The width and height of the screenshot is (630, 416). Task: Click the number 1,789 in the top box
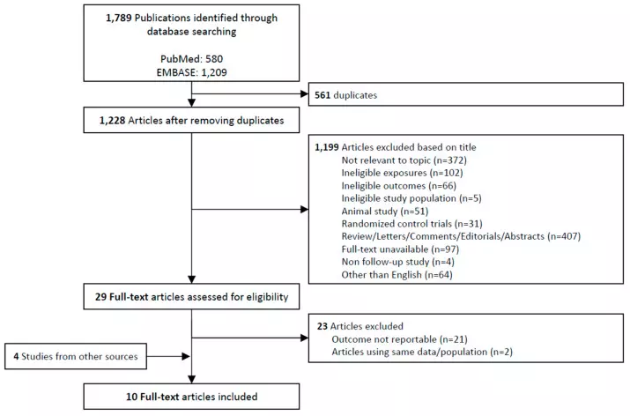point(119,19)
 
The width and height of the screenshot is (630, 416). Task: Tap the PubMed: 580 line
point(192,59)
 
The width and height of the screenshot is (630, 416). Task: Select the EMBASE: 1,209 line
point(192,72)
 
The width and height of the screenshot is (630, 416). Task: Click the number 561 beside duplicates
point(322,95)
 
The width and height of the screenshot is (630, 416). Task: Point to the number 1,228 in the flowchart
point(113,120)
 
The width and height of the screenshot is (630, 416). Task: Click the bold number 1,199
point(327,147)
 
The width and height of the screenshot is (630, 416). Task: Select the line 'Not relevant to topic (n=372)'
point(404,160)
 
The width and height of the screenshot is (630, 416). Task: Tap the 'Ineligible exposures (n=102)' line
point(402,173)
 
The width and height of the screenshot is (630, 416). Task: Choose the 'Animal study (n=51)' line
point(385,211)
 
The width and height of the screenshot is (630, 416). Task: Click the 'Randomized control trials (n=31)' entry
point(411,224)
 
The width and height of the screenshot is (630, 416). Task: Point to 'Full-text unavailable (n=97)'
point(400,249)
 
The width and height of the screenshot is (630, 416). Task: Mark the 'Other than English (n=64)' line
point(397,275)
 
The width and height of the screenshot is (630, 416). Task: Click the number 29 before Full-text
point(100,297)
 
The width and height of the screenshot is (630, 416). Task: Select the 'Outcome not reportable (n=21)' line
point(399,339)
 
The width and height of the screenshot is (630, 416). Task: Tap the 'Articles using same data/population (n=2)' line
point(422,352)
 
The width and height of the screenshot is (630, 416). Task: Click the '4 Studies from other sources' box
point(76,357)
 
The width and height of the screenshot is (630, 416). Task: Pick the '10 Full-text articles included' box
point(191,397)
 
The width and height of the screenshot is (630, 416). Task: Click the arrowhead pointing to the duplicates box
point(304,94)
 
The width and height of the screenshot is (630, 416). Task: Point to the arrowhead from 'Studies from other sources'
point(186,356)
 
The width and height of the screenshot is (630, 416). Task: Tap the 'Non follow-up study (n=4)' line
point(397,262)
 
